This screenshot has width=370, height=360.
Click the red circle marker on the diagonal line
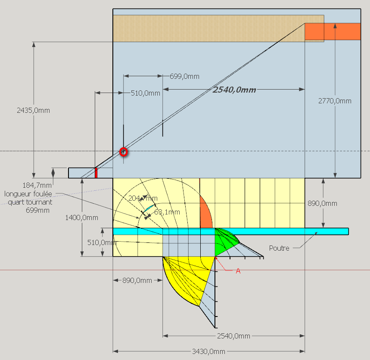coord(124,152)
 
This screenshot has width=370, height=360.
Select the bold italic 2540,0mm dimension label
coord(234,90)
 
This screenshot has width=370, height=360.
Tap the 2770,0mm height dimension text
coord(335,101)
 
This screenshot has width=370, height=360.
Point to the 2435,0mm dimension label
coord(33,110)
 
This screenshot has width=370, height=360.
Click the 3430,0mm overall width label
coord(208,351)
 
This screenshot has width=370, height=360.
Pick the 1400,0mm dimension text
coord(82,217)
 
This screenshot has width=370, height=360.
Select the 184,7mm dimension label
coord(37,186)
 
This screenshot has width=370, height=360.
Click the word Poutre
coord(279,248)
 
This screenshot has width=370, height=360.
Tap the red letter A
coord(238,271)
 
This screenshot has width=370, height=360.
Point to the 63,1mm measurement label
coord(167,212)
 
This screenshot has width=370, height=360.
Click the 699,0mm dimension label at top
coord(184,76)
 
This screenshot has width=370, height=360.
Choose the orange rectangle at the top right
coord(333,31)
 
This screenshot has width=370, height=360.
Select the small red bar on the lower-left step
coord(96,173)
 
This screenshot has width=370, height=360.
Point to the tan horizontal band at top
coord(218,28)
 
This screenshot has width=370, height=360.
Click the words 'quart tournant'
coord(30,202)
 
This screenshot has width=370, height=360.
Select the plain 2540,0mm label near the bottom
coord(233,336)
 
